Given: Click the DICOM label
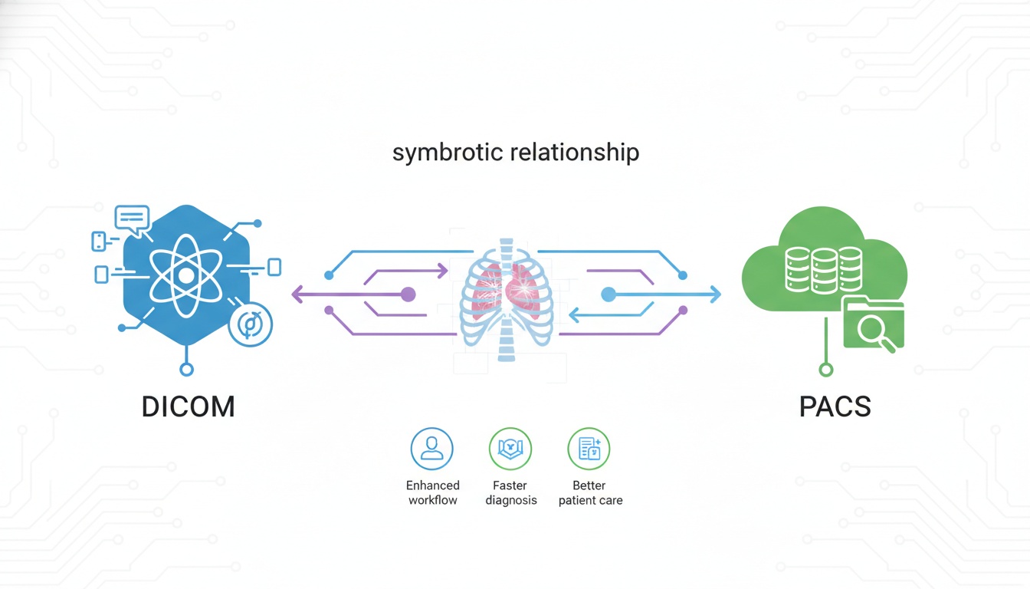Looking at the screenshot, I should point(188,406).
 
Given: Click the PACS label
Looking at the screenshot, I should point(835,406).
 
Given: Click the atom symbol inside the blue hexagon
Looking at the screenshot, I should point(185,275).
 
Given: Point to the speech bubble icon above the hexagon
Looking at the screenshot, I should point(132,219).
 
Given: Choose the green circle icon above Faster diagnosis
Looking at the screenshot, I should point(510,449).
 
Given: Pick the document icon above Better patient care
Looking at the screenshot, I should point(589,449).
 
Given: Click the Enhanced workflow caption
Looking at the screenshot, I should point(433,493).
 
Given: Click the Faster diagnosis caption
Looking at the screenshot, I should point(511,493).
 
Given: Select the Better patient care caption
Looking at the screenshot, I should point(590,493).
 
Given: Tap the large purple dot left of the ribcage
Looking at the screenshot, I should point(408,294).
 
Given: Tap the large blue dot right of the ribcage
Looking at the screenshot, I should point(608,294).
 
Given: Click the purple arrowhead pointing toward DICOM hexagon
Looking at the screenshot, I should point(297,294).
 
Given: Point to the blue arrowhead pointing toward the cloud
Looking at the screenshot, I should point(716,294).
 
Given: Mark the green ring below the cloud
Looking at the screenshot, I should point(825,370).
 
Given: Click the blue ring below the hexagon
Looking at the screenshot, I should point(186,370).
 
